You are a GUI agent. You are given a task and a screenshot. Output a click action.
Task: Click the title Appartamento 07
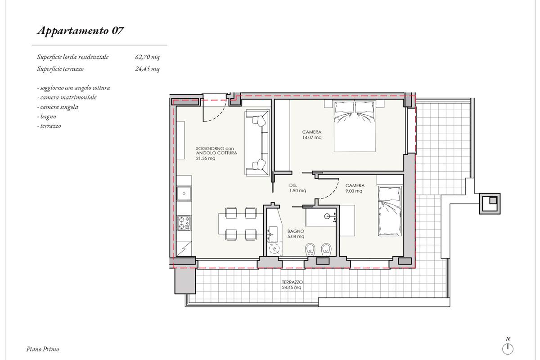coord(80,31)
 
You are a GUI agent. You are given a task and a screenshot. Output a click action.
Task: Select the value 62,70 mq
coord(147,57)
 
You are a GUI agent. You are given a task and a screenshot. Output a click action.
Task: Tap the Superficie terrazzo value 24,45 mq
coord(147,69)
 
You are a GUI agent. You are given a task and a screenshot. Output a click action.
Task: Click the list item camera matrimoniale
coord(67,97)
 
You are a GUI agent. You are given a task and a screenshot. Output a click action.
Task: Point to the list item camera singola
coord(58,107)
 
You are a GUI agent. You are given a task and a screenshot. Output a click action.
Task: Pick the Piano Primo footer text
coord(43,349)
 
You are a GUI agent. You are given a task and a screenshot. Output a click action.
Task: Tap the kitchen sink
coord(184,193)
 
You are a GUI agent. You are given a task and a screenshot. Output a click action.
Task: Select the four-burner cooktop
coord(184,223)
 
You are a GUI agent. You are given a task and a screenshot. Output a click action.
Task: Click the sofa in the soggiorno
coord(257,143)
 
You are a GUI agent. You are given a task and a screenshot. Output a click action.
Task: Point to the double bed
coord(355,126)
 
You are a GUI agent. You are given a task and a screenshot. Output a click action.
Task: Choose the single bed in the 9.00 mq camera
coord(390,211)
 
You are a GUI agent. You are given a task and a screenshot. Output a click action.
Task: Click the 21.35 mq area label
coord(205,158)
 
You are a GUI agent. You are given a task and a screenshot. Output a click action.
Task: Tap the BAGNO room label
coord(296,231)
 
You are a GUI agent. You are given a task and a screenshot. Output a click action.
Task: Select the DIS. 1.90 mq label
coord(298,188)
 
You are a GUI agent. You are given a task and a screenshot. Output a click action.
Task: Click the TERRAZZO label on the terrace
coord(292,282)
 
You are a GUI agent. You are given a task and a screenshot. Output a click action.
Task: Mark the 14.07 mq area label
coord(312,137)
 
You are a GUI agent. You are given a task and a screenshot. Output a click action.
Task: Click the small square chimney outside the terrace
coord(490,204)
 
